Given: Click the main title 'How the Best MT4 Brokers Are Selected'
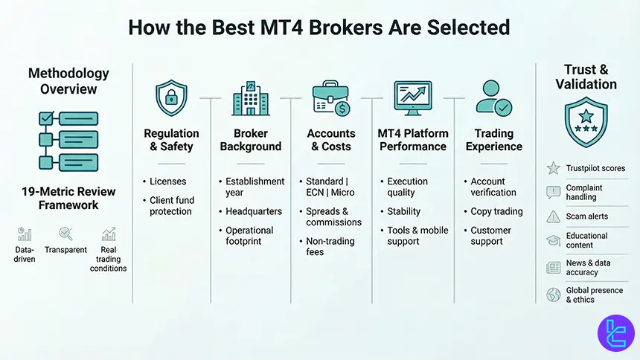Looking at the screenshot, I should (319, 28).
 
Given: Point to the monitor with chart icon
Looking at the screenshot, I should (413, 98).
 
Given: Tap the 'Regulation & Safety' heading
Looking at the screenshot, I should (170, 140).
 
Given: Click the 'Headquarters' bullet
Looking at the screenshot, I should (249, 211).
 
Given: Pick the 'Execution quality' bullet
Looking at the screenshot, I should (407, 187).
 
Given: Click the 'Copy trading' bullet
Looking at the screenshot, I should (496, 211).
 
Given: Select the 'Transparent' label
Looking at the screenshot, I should (66, 250).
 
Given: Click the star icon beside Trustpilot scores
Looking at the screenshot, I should (554, 169).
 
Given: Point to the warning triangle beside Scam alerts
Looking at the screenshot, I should (554, 216).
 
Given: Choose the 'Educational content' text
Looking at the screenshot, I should (586, 240).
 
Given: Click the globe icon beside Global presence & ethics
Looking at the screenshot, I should (554, 295).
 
